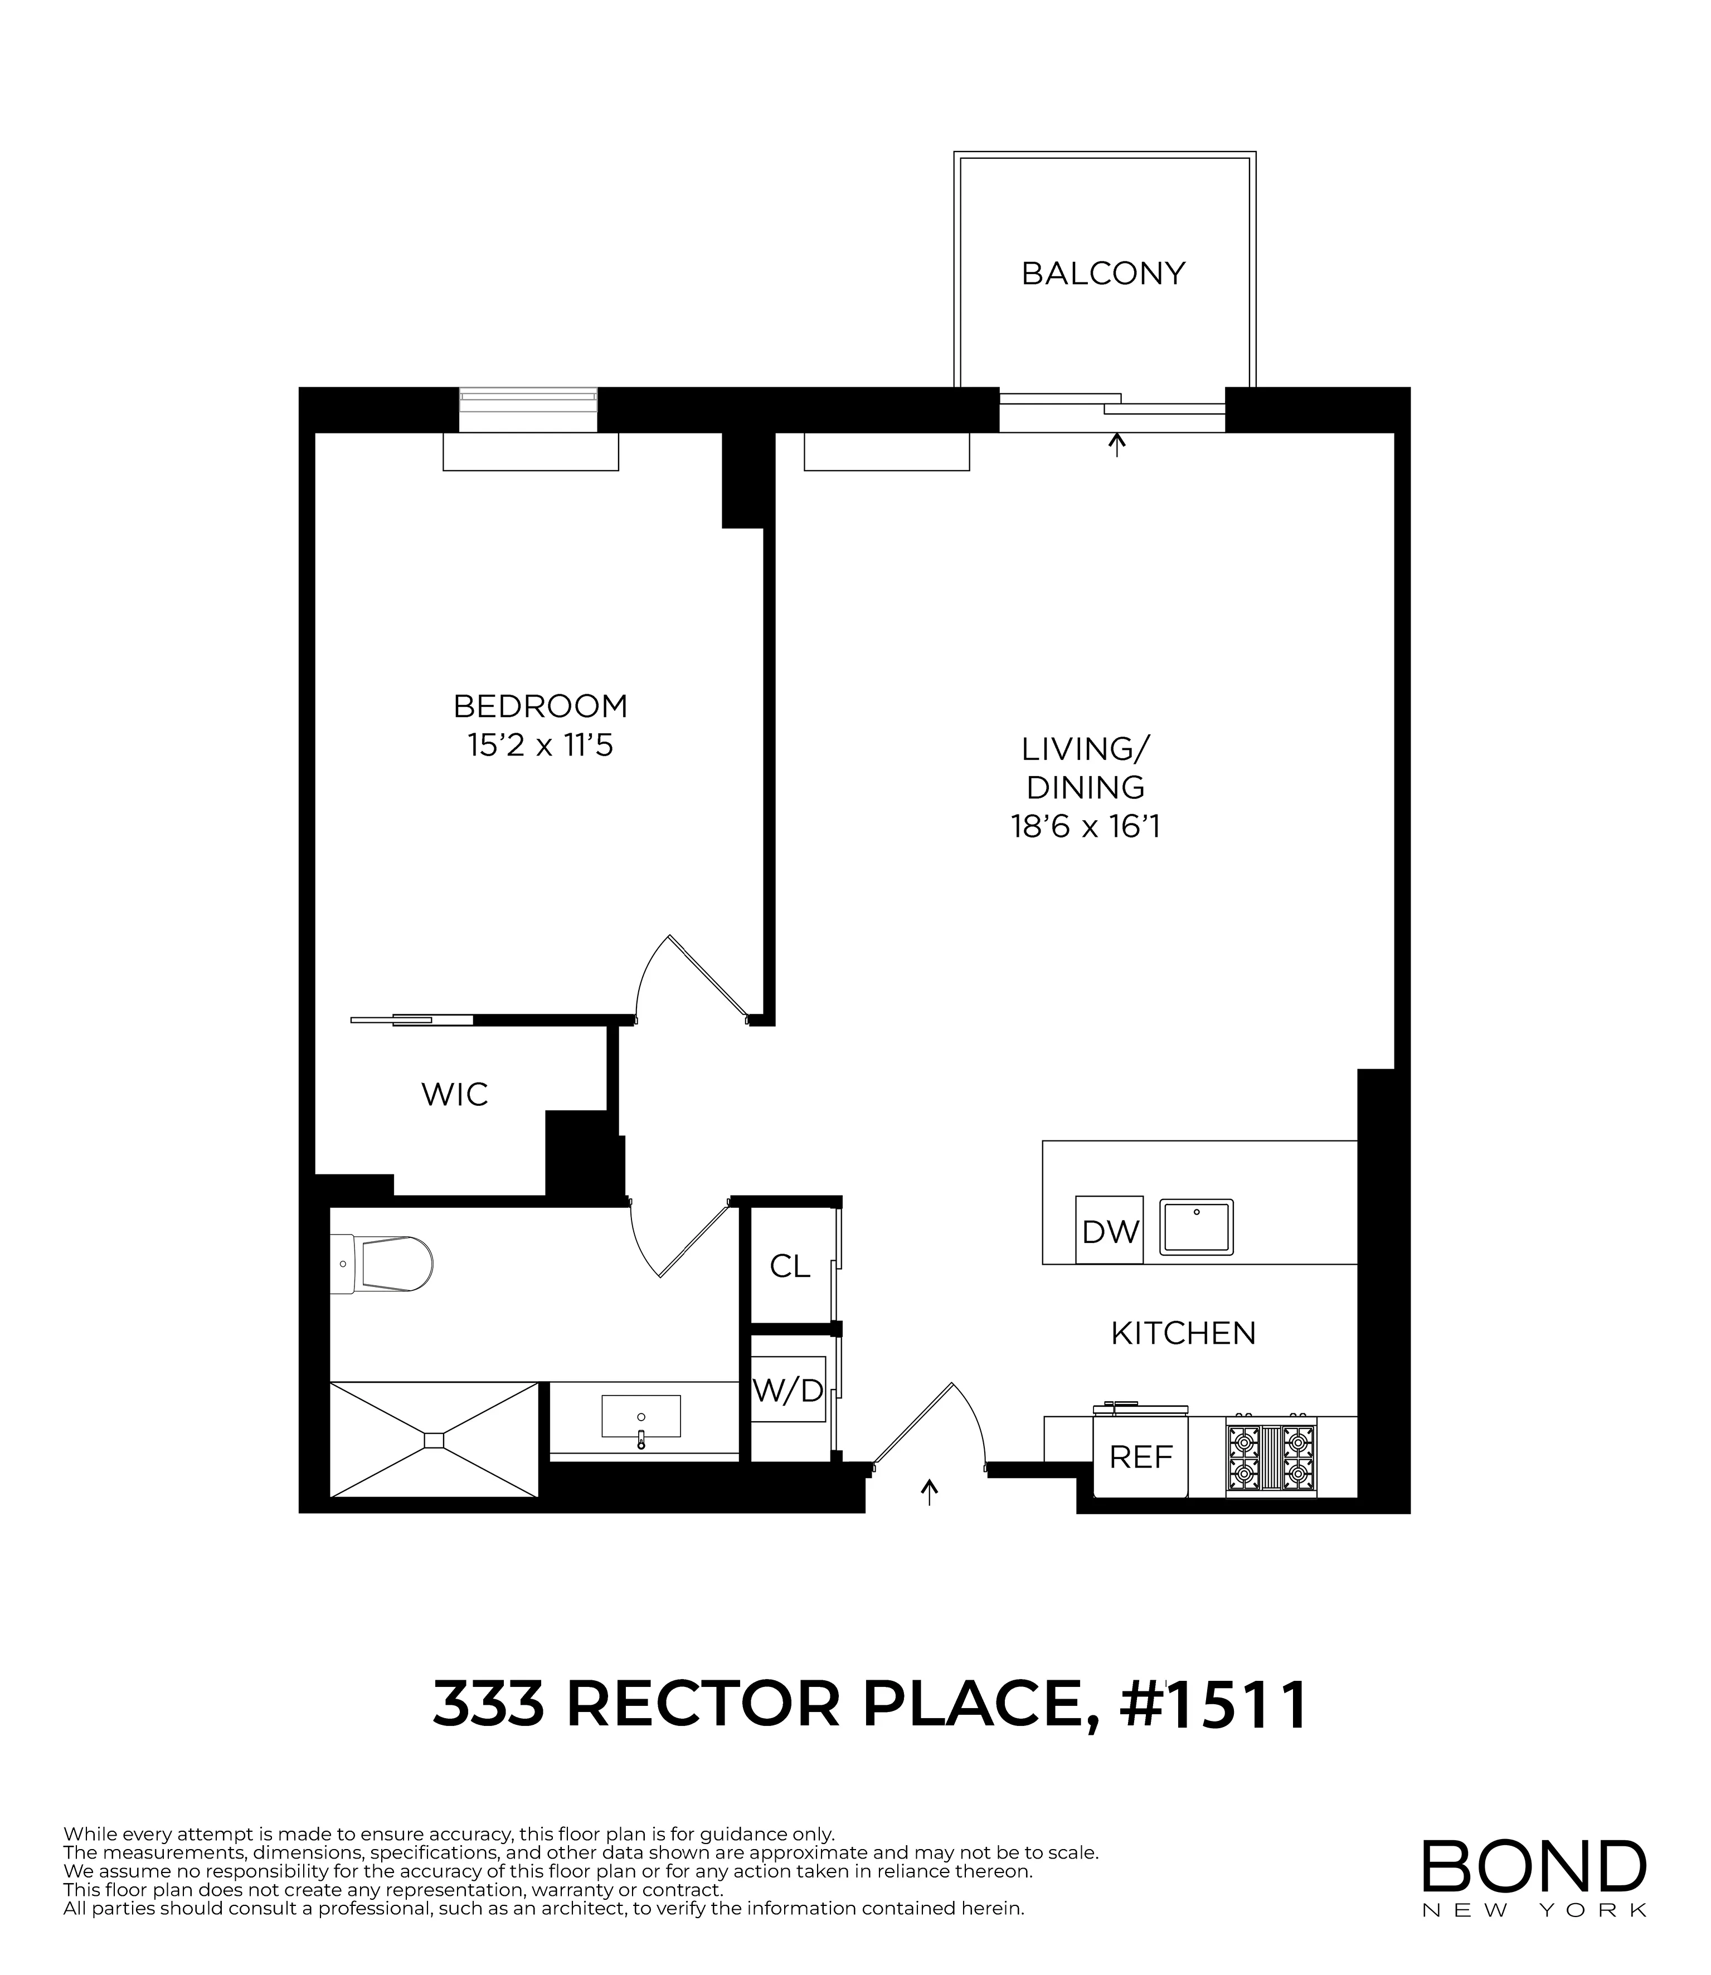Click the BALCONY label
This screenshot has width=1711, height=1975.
point(1103,274)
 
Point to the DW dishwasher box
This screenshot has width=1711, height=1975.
point(1110,1231)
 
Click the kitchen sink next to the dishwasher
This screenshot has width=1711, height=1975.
point(1197,1227)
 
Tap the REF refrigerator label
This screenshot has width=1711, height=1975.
point(1141,1457)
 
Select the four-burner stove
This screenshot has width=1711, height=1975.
point(1271,1456)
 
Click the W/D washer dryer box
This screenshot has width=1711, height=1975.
point(788,1391)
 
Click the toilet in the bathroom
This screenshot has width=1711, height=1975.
point(382,1265)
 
